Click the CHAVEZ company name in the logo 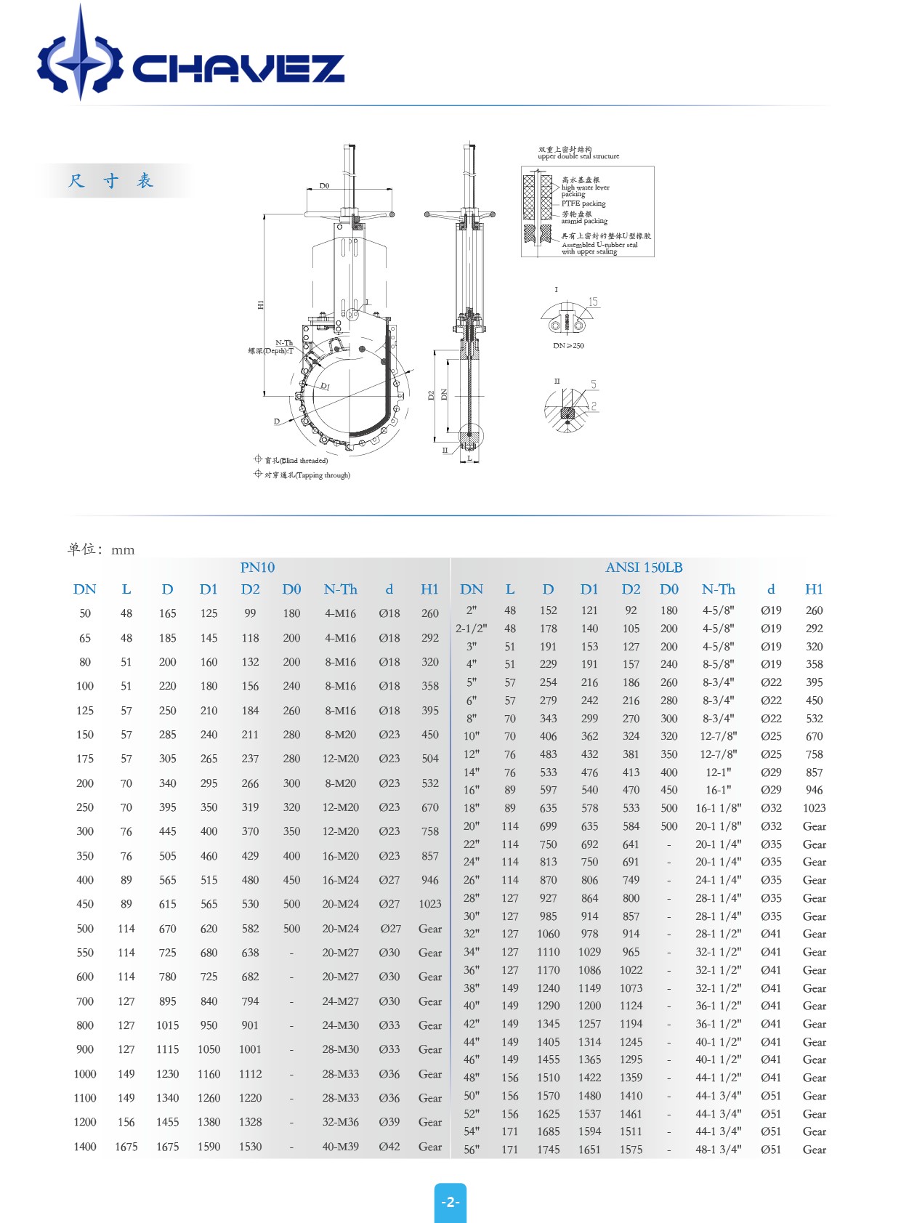pyautogui.click(x=238, y=69)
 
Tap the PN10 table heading pyautogui.click(x=257, y=568)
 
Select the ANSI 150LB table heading pyautogui.click(x=644, y=568)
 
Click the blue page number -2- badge pyautogui.click(x=450, y=1202)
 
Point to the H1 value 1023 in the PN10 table pyautogui.click(x=430, y=904)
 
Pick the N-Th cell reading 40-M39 pyautogui.click(x=340, y=1147)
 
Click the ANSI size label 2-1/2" pyautogui.click(x=471, y=629)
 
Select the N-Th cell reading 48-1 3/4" pyautogui.click(x=718, y=1150)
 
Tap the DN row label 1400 pyautogui.click(x=85, y=1147)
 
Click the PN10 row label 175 pyautogui.click(x=85, y=759)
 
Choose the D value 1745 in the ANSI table pyautogui.click(x=548, y=1150)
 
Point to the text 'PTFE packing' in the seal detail pyautogui.click(x=583, y=203)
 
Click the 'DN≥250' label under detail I pyautogui.click(x=568, y=346)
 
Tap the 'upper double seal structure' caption pyautogui.click(x=578, y=156)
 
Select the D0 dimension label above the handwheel pyautogui.click(x=324, y=186)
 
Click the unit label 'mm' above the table pyautogui.click(x=123, y=550)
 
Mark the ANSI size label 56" pyautogui.click(x=471, y=1150)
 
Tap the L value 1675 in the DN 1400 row pyautogui.click(x=126, y=1147)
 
